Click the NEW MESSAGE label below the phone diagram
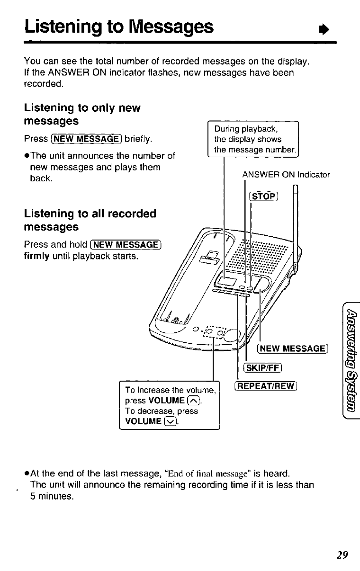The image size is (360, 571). pyautogui.click(x=292, y=349)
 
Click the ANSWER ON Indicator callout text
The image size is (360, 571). pyautogui.click(x=286, y=175)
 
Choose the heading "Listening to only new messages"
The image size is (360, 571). pyautogui.click(x=82, y=115)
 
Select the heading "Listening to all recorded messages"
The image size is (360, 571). pyautogui.click(x=90, y=220)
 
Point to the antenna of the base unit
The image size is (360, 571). pyautogui.click(x=295, y=223)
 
